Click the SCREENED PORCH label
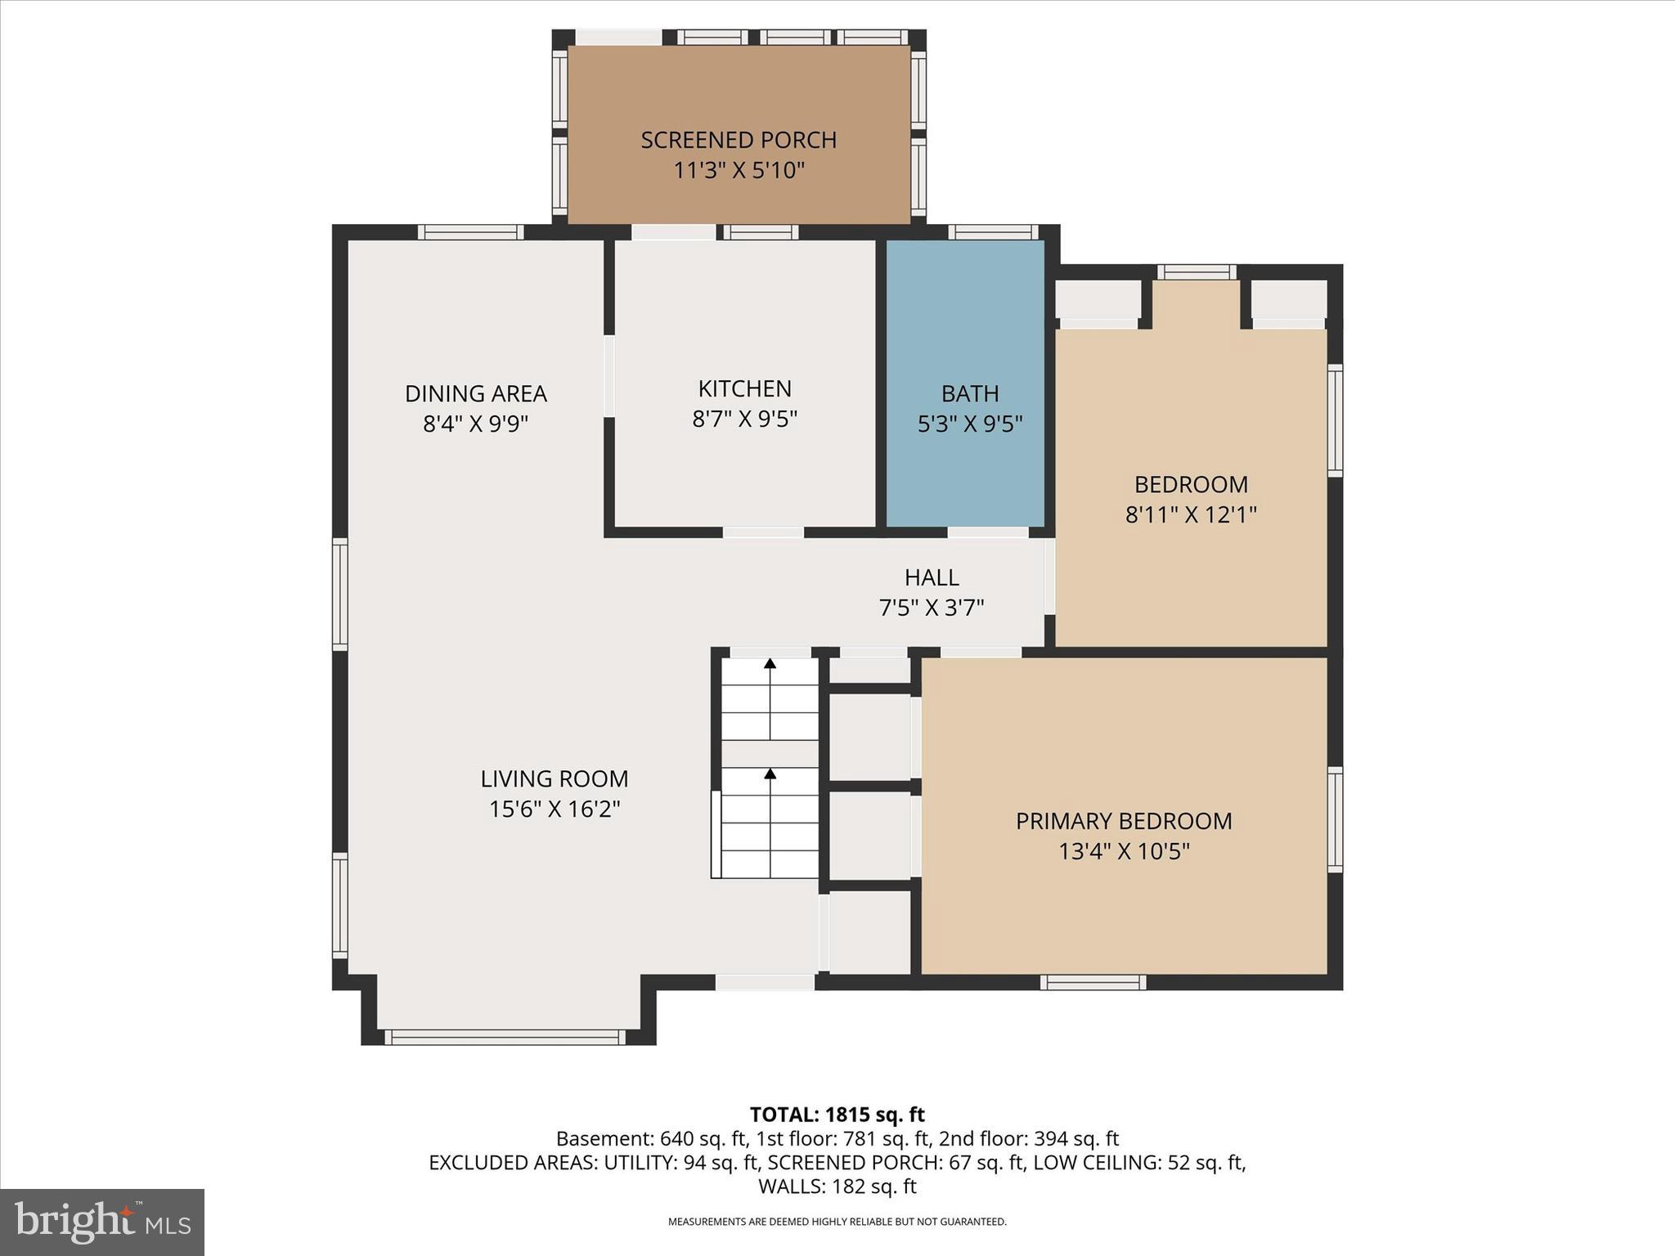click(x=739, y=140)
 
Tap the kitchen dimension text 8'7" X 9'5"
click(x=744, y=419)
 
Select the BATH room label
click(x=970, y=393)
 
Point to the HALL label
click(x=932, y=577)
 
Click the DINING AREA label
click(x=475, y=393)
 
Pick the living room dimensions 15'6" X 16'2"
click(x=555, y=809)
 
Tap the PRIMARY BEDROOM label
click(x=1124, y=821)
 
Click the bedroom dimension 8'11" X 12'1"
click(x=1191, y=514)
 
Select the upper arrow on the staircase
click(x=770, y=664)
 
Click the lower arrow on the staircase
click(x=770, y=773)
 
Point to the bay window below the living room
click(x=505, y=1038)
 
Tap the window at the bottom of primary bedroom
click(x=1093, y=982)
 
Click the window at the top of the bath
click(x=993, y=232)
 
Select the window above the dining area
click(x=471, y=232)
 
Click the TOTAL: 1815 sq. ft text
click(x=837, y=1115)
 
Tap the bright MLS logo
click(x=102, y=1222)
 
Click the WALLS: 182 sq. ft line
click(x=837, y=1186)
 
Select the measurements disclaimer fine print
click(x=837, y=1222)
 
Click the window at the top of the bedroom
click(x=1197, y=271)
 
